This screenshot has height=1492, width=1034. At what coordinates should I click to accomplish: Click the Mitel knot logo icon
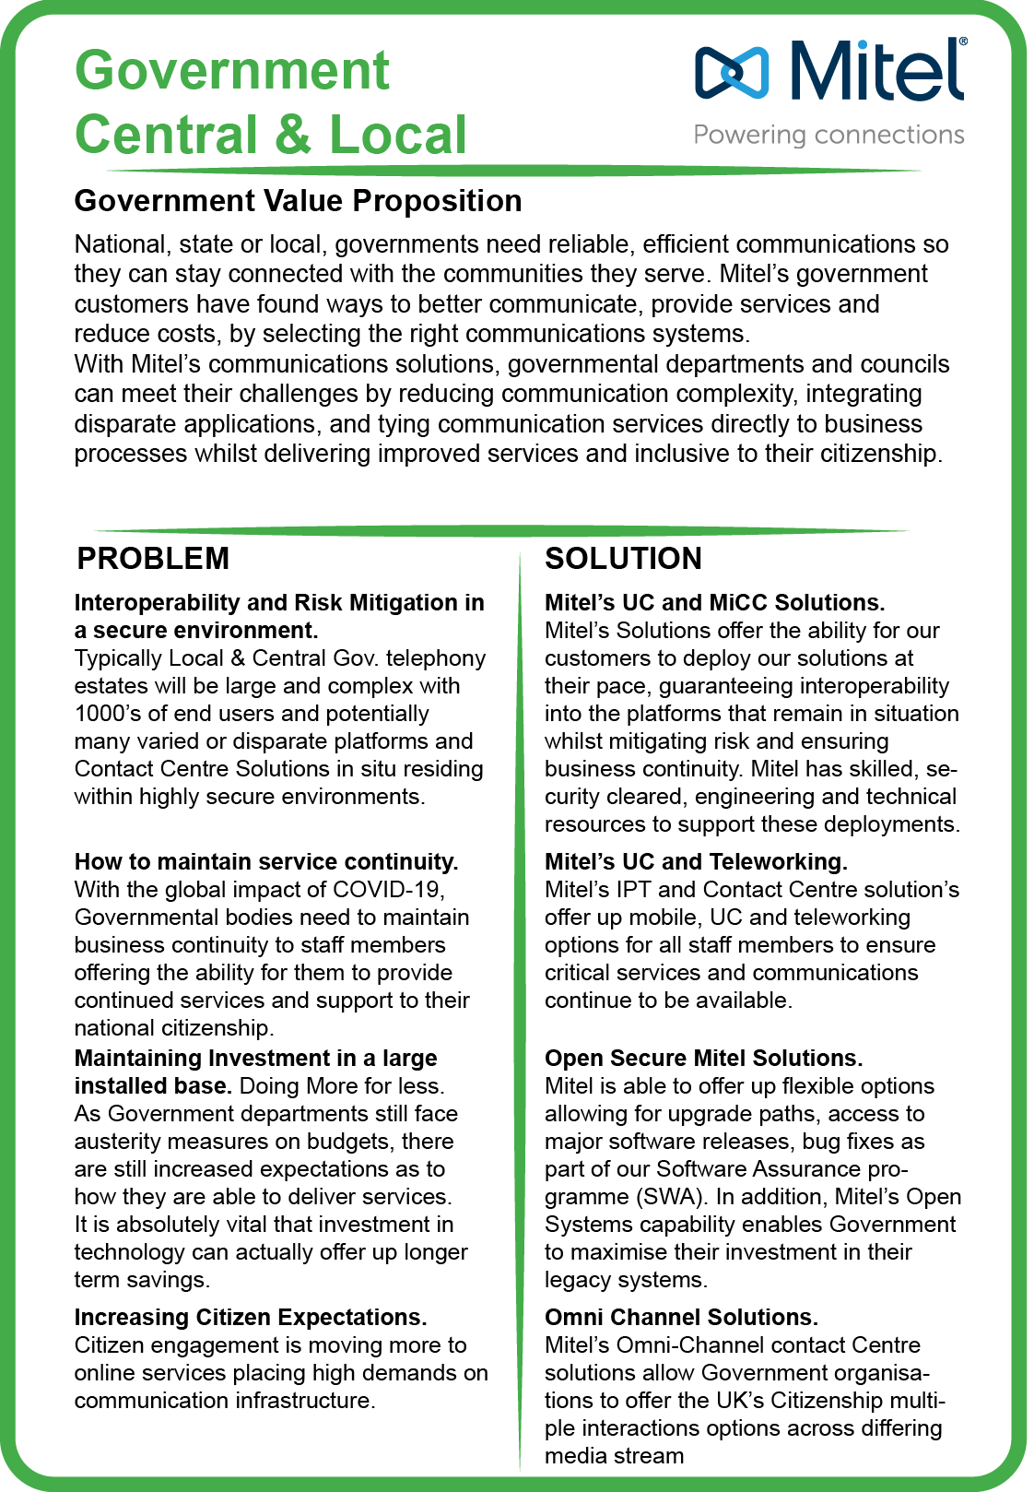(732, 72)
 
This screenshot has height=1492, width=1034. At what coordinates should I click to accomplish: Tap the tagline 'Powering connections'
(828, 136)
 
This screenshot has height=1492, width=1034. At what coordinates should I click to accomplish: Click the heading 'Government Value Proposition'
(298, 201)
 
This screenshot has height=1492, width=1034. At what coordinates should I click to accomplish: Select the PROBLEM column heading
(153, 559)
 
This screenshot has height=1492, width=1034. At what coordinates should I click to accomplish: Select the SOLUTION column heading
(623, 559)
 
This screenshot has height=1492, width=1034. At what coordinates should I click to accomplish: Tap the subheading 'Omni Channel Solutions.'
(681, 1317)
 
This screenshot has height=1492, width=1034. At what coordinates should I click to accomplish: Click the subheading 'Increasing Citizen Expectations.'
(251, 1317)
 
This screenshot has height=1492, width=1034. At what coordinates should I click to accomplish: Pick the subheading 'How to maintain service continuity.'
(266, 861)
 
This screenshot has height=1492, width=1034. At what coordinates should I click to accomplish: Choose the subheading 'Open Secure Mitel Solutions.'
(704, 1058)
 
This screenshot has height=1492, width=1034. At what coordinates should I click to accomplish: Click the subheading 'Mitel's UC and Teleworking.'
(696, 861)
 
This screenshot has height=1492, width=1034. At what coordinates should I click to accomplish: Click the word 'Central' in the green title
(166, 135)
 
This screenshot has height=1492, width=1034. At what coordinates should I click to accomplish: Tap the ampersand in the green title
(293, 135)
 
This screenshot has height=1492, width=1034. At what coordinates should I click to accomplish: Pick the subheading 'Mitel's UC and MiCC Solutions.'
(714, 602)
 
